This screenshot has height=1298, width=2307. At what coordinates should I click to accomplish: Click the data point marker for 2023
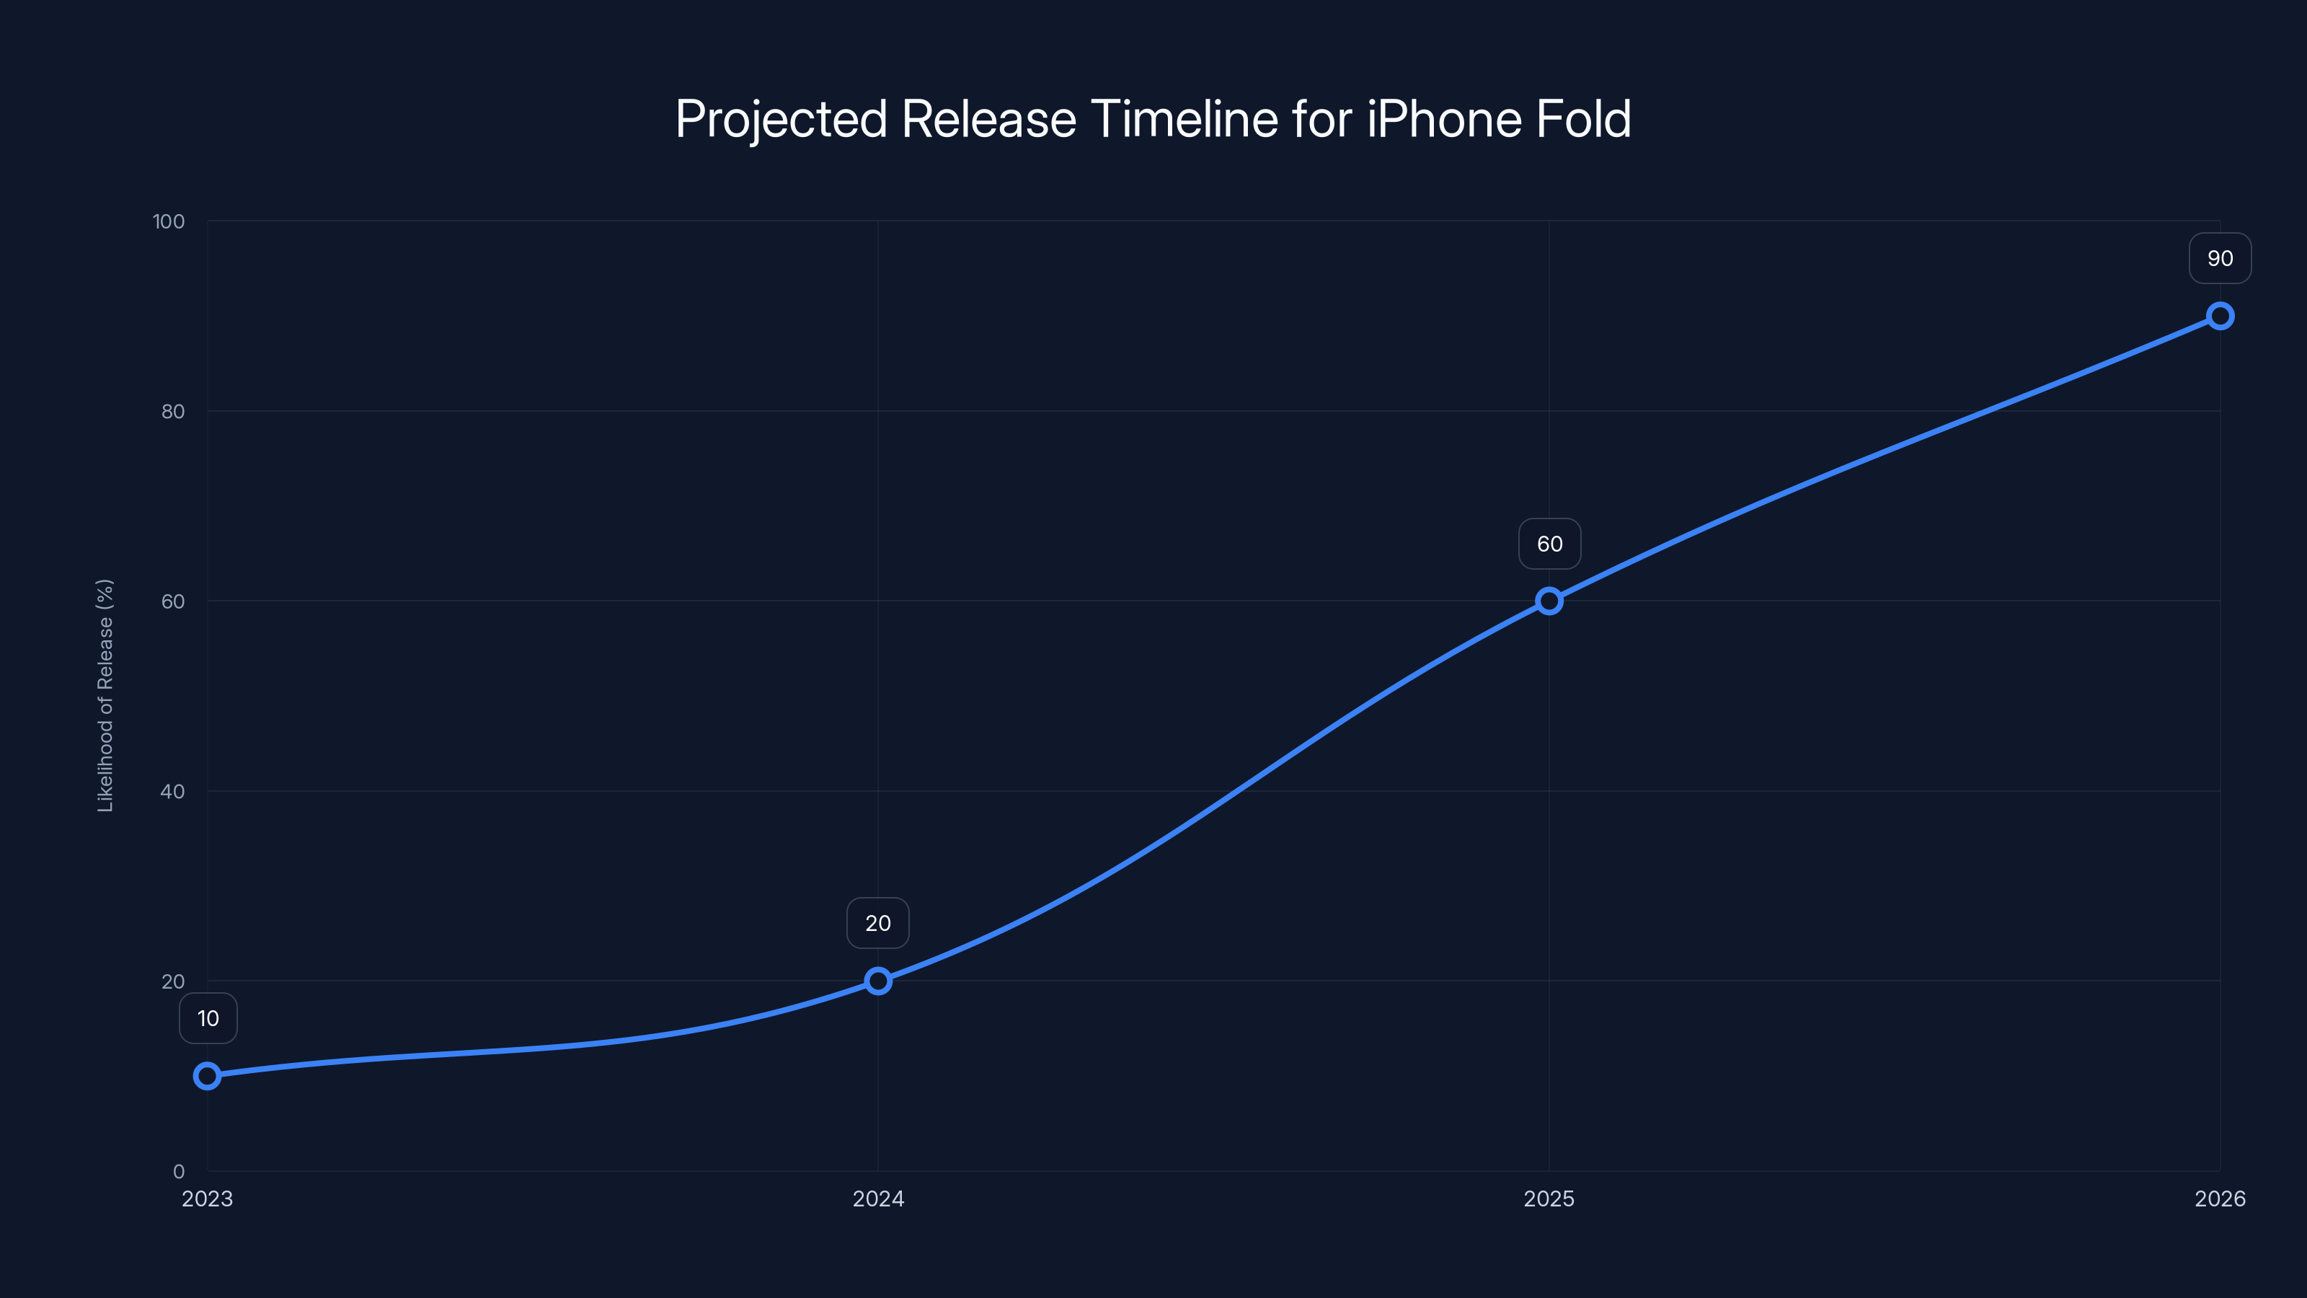pyautogui.click(x=207, y=1076)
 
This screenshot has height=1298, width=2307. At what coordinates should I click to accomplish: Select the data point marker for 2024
pyautogui.click(x=877, y=981)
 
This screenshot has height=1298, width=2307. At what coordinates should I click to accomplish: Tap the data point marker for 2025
pyautogui.click(x=1549, y=601)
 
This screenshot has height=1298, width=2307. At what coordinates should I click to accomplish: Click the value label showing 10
pyautogui.click(x=208, y=1018)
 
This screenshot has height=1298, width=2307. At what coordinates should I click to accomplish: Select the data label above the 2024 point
pyautogui.click(x=877, y=924)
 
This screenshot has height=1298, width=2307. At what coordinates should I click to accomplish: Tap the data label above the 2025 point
pyautogui.click(x=1549, y=544)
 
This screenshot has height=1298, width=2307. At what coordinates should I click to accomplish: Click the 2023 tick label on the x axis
pyautogui.click(x=207, y=1198)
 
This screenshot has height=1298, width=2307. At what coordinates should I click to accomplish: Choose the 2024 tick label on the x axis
pyautogui.click(x=877, y=1198)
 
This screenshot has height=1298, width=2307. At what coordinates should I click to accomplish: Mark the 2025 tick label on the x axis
pyautogui.click(x=1549, y=1198)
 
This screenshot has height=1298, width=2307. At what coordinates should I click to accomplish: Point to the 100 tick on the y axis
pyautogui.click(x=169, y=221)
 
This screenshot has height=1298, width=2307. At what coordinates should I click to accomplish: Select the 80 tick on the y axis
pyautogui.click(x=173, y=411)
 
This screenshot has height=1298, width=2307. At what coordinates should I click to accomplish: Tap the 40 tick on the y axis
pyautogui.click(x=173, y=791)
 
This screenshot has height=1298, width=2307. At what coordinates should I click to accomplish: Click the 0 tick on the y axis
pyautogui.click(x=179, y=1171)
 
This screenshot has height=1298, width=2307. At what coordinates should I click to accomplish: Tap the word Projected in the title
pyautogui.click(x=781, y=119)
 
